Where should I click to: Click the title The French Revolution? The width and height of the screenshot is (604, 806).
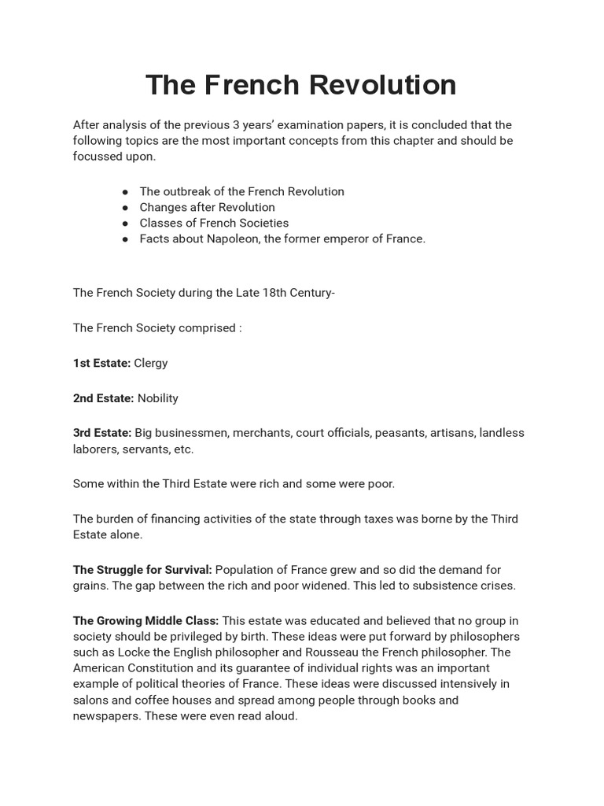[x=301, y=84]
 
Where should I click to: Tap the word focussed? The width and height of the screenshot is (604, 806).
[x=99, y=156]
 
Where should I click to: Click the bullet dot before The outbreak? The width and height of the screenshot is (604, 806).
[x=126, y=192]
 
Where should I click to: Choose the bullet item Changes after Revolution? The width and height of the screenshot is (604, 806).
[x=207, y=207]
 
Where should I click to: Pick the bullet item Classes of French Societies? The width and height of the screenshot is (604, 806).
[x=214, y=223]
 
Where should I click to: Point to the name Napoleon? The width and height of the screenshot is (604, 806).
[x=230, y=238]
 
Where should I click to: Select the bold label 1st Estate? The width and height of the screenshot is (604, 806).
[x=101, y=363]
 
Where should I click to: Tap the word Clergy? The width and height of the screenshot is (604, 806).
[x=151, y=363]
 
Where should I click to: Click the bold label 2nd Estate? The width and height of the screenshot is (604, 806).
[x=103, y=398]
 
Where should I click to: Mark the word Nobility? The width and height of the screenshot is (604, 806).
[x=158, y=398]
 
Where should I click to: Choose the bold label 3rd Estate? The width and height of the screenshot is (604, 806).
[x=102, y=433]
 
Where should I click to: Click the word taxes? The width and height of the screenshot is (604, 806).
[x=365, y=519]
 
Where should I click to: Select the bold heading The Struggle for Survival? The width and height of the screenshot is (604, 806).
[x=142, y=569]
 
